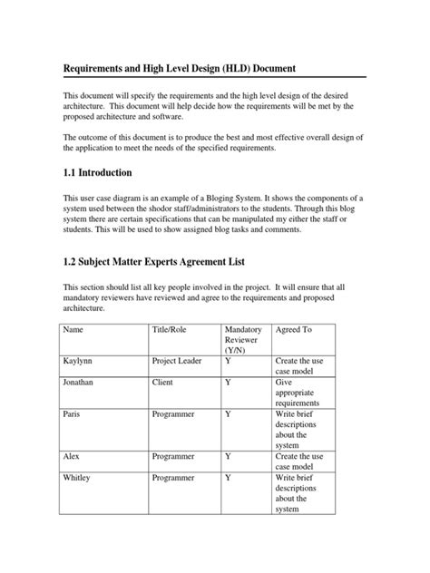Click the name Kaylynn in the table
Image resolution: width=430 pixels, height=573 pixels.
(79, 360)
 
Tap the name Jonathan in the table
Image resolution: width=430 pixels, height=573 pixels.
(81, 383)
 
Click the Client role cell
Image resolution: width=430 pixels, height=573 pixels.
(163, 383)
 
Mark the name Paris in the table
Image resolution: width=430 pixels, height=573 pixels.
(73, 413)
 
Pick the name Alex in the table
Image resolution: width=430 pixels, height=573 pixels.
(72, 456)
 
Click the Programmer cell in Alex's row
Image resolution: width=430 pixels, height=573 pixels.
(175, 456)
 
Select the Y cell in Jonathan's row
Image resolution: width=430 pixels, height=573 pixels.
(228, 383)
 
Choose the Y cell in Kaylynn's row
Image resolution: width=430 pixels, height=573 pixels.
(228, 360)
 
